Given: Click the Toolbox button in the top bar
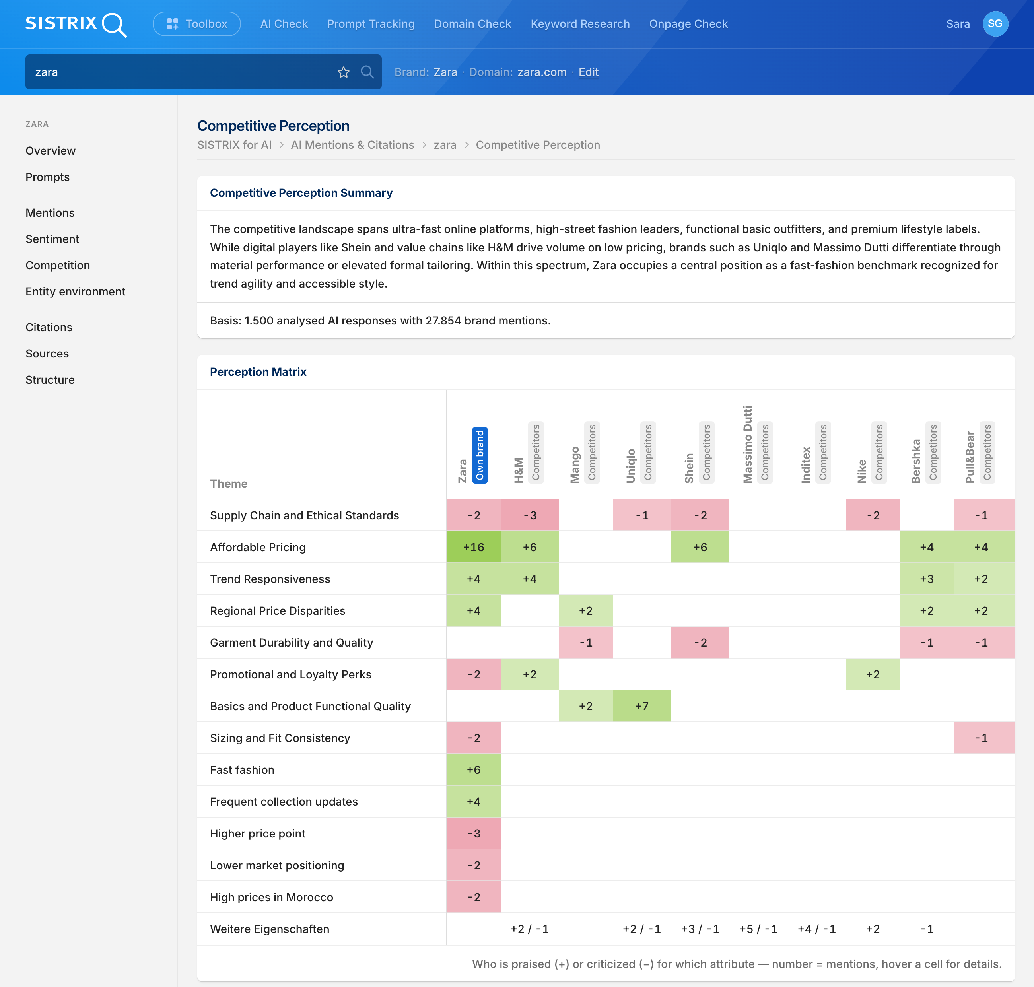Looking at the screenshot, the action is (197, 24).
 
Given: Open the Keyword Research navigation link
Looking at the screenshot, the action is (580, 24).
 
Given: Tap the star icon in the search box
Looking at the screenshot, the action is (344, 72).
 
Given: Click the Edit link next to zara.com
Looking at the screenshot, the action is (588, 72).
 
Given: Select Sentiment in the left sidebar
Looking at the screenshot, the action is (52, 239).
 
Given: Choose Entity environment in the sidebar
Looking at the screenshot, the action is (75, 291).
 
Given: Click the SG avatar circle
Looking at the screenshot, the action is (995, 24).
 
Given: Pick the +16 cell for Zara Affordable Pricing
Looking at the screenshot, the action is (474, 547).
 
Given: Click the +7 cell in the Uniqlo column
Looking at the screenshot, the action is (642, 706).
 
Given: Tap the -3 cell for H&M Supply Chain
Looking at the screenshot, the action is (529, 515).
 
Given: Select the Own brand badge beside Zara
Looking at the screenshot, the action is (480, 455).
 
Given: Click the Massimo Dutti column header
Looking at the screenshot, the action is (747, 445).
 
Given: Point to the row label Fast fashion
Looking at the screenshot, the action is (242, 770).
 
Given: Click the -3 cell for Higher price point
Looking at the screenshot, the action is (474, 834).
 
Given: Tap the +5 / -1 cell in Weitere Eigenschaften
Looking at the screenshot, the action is (758, 929).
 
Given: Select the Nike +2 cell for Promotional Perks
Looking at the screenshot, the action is (873, 674).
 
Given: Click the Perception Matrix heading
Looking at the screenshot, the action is (258, 372).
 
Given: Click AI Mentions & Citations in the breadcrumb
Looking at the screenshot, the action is (353, 145).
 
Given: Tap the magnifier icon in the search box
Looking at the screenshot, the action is (367, 72).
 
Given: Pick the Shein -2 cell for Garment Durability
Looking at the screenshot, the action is (700, 642).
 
